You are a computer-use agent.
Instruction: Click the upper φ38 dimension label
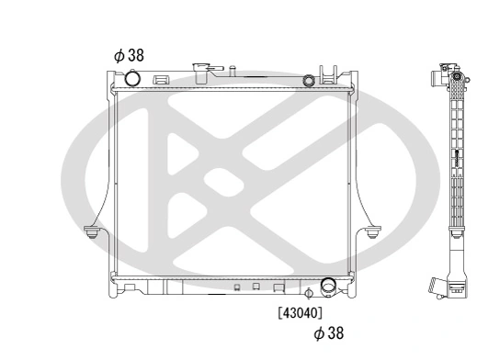[x=128, y=55]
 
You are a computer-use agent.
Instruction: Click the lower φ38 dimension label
[x=328, y=333]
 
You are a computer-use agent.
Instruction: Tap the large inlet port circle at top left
[x=132, y=81]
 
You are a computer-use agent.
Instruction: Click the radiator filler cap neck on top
[x=203, y=71]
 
